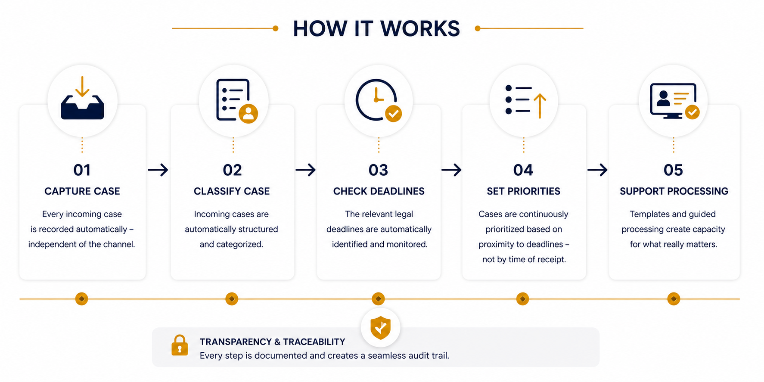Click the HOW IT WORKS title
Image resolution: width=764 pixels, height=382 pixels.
tap(376, 29)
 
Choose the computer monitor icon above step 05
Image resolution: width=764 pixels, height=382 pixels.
tap(674, 101)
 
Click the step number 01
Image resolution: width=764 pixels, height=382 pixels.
tap(82, 170)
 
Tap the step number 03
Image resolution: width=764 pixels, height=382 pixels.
tap(378, 170)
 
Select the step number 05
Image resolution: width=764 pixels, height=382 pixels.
tap(673, 170)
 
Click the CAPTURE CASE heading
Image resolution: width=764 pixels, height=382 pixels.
tap(82, 191)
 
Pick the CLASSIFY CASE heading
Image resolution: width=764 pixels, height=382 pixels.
tap(232, 191)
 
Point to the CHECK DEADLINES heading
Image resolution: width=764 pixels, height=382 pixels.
tap(379, 191)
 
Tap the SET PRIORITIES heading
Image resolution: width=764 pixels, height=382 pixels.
tap(524, 191)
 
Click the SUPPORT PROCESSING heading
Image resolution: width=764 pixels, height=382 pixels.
tap(674, 191)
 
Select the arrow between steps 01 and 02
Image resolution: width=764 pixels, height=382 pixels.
tap(158, 170)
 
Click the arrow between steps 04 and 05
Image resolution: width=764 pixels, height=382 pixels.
tap(597, 170)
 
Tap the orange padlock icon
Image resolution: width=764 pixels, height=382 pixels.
tap(180, 345)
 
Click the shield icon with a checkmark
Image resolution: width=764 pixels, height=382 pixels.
tap(381, 328)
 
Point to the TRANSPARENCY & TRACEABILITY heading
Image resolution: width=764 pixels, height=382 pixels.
tap(273, 342)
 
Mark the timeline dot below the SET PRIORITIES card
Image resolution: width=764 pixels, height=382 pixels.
tap(522, 299)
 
